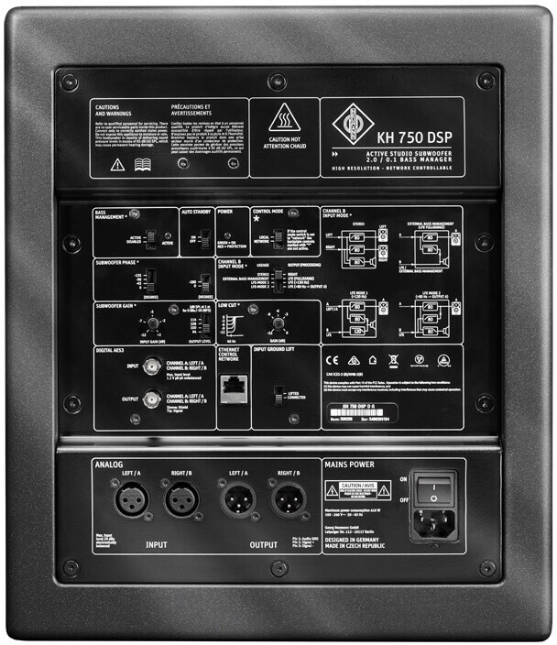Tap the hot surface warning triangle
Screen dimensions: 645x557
(x=284, y=118)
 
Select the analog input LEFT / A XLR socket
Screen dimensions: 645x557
(x=130, y=500)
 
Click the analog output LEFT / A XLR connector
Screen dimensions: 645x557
(x=233, y=500)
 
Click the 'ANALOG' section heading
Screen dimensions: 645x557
(x=109, y=465)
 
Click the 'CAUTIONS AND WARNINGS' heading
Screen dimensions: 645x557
(x=109, y=111)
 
